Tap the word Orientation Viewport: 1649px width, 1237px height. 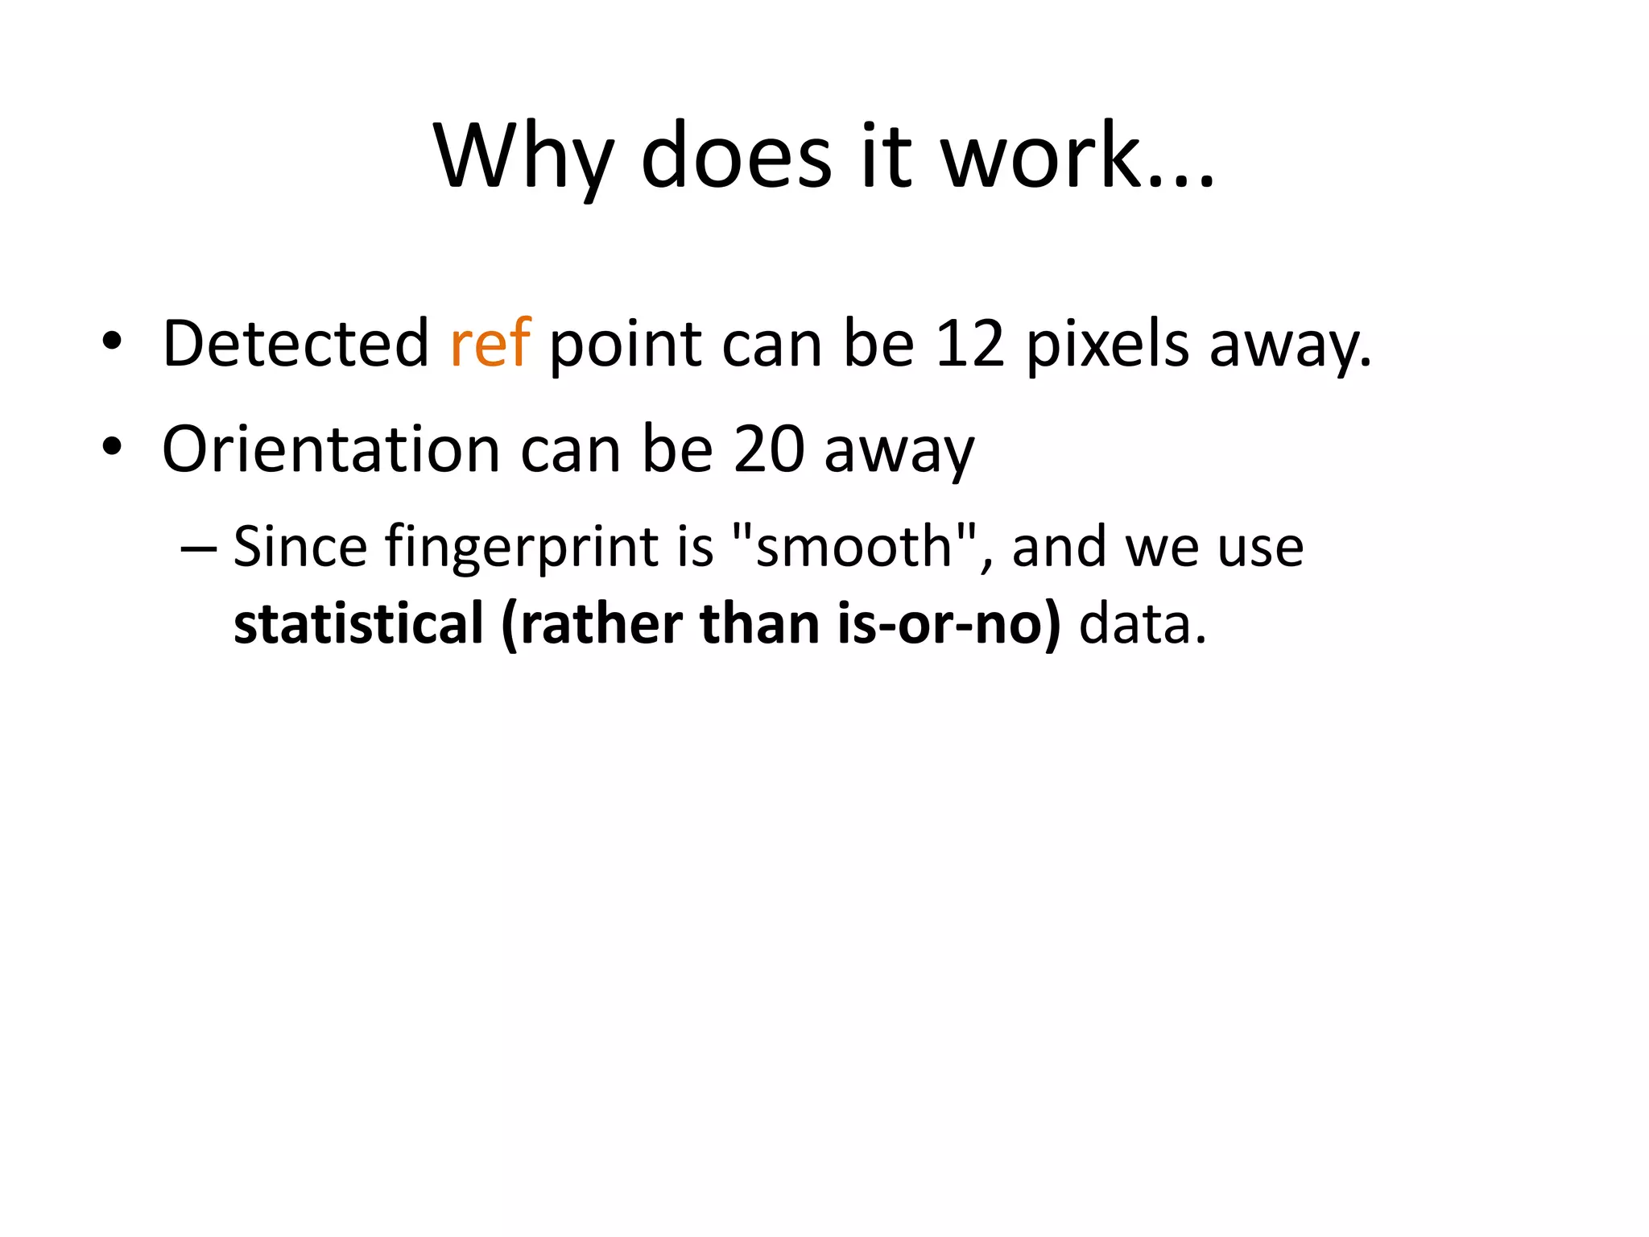(331, 449)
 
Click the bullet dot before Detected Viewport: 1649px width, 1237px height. (112, 341)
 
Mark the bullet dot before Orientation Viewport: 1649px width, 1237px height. (112, 446)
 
